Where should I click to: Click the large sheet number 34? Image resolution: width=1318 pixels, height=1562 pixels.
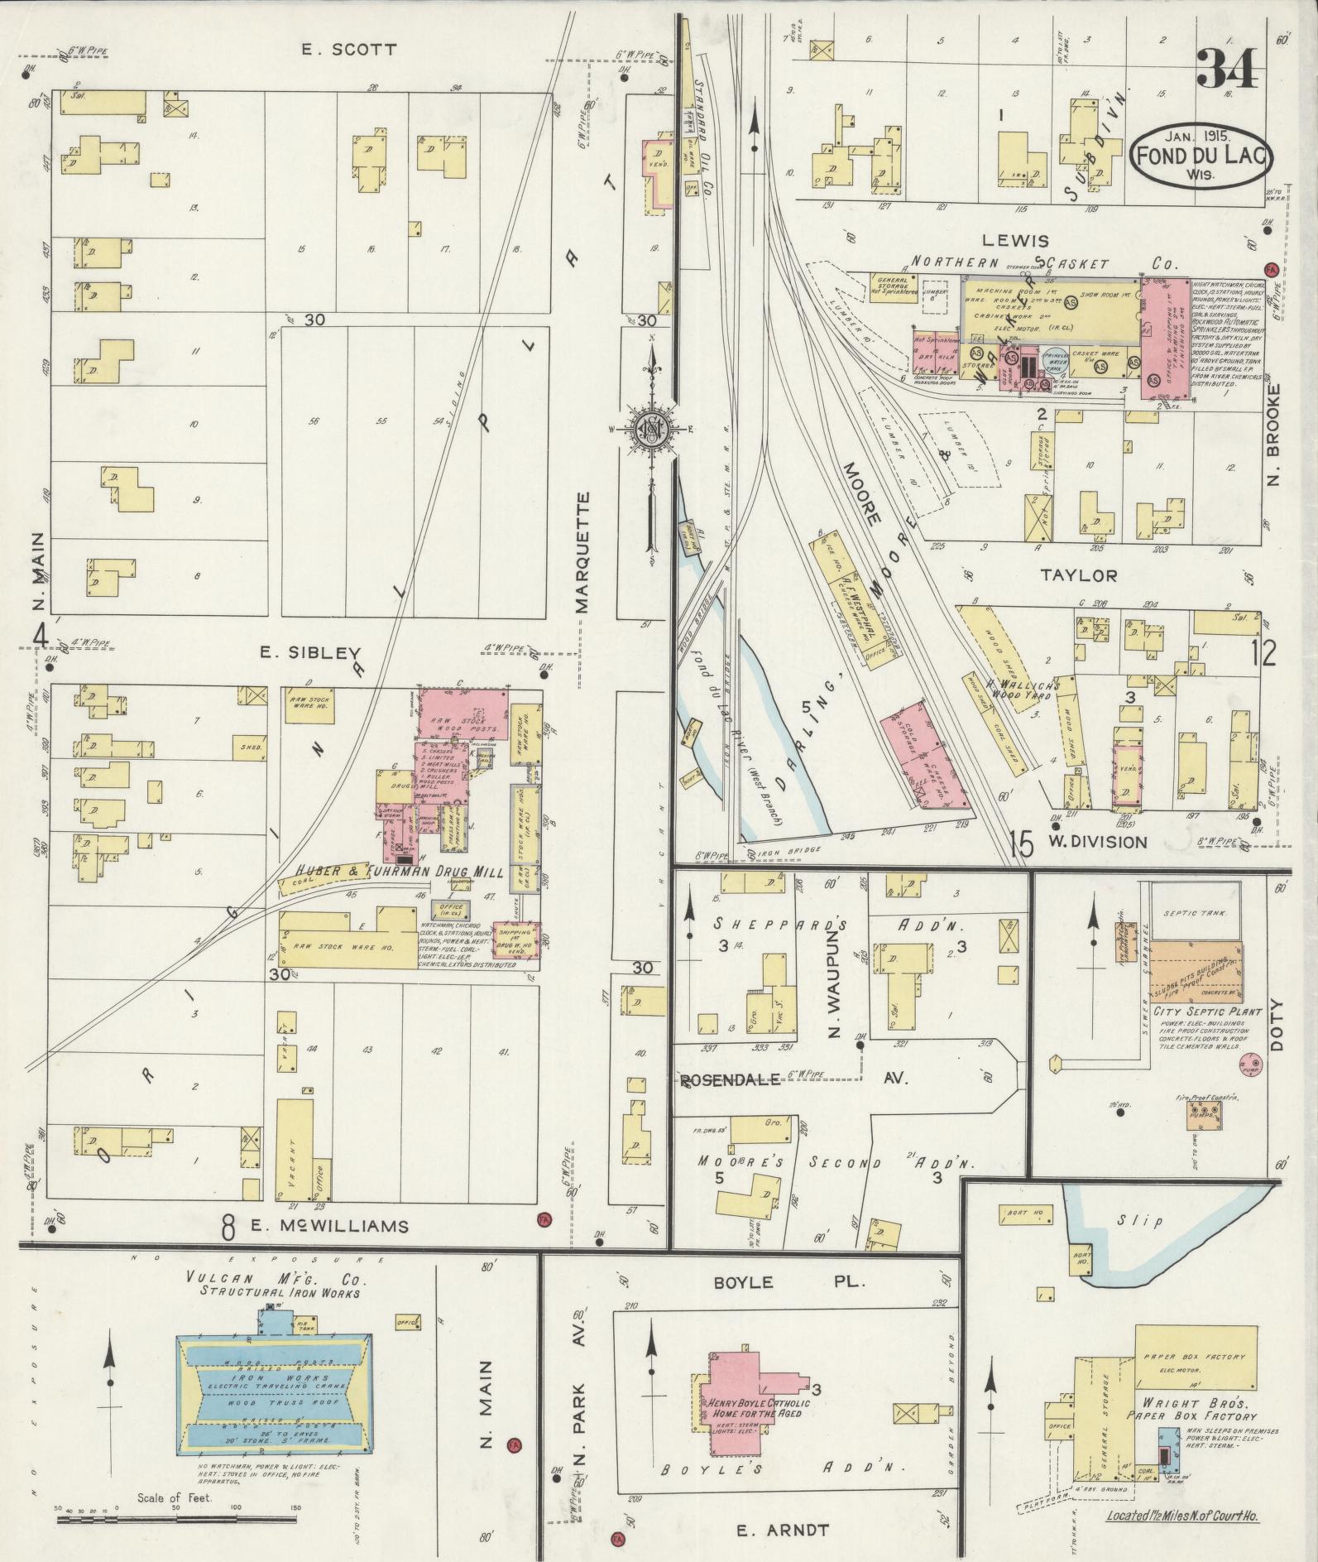pyautogui.click(x=1227, y=70)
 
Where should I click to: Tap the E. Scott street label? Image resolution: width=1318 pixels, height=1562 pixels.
pyautogui.click(x=347, y=50)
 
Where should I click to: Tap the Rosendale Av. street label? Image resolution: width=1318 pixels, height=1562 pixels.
pyautogui.click(x=794, y=1079)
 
